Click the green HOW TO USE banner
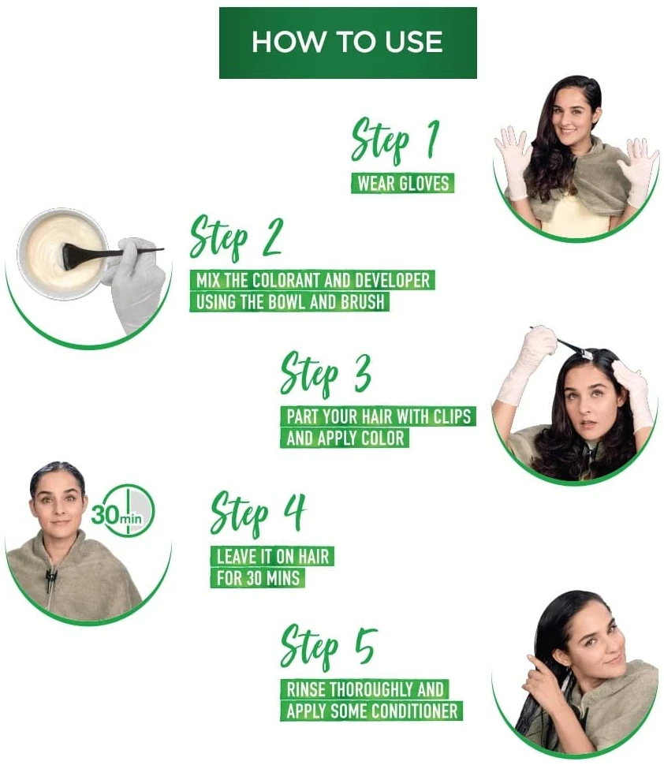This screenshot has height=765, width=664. point(348,43)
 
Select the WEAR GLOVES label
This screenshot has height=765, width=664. point(402,184)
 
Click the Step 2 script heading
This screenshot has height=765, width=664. point(236,237)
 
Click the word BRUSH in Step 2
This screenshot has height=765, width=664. point(362,302)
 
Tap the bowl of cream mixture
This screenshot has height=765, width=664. point(63,255)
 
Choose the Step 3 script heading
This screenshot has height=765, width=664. point(326,374)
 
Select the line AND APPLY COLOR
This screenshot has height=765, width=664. point(345,438)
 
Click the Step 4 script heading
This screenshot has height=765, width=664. point(258,513)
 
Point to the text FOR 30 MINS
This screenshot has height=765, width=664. point(258,578)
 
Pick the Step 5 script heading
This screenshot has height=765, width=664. point(329,647)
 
